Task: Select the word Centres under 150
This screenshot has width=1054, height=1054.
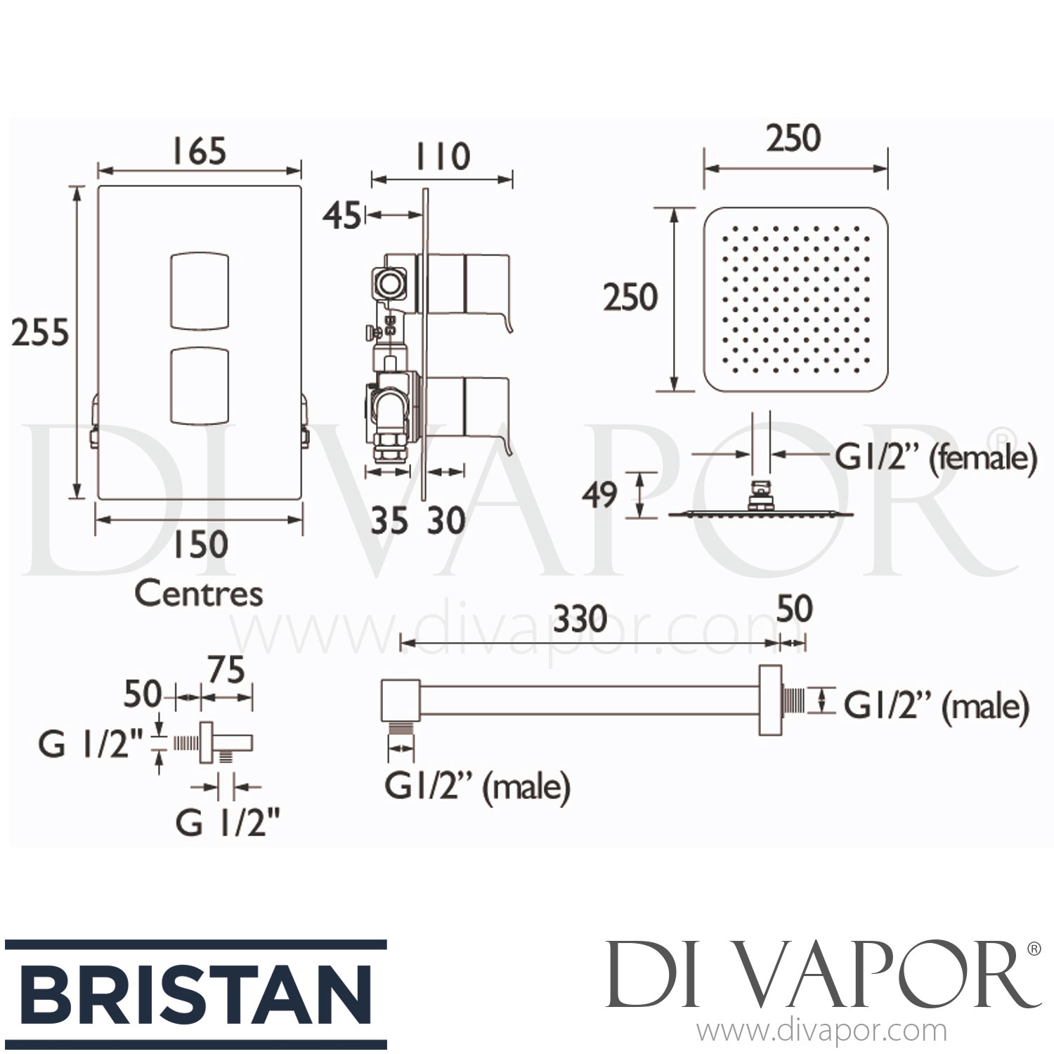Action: point(199,594)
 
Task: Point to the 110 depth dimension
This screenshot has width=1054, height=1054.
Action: point(441,156)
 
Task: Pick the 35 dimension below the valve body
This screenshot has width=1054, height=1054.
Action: point(389,521)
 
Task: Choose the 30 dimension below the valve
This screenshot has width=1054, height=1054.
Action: point(446,521)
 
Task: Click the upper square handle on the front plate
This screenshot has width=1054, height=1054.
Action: point(200,289)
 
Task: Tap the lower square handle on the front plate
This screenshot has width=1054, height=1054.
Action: point(200,386)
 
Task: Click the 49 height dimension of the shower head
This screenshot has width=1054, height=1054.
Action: point(599,494)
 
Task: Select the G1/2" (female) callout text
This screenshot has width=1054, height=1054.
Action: point(935,459)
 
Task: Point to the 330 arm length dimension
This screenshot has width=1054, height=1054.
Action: point(580,619)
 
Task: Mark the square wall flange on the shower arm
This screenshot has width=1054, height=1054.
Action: point(771,700)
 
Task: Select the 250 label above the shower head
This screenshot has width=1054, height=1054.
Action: point(793,138)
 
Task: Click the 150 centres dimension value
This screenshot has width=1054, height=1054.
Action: point(200,545)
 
